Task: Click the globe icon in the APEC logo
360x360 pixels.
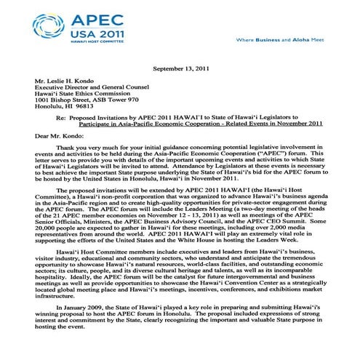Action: click(49, 27)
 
